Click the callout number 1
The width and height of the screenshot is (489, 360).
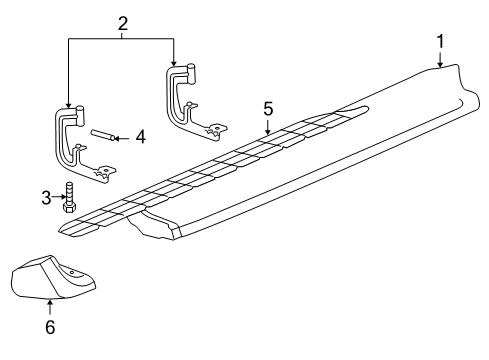click(439, 41)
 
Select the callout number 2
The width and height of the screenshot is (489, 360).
click(122, 22)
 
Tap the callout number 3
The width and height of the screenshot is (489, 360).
click(46, 198)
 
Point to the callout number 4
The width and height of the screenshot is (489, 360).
click(140, 136)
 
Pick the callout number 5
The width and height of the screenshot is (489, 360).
click(268, 107)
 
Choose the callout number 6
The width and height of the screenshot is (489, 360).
click(50, 326)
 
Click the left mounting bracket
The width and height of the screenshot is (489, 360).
click(70, 145)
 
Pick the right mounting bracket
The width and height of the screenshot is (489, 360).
click(190, 100)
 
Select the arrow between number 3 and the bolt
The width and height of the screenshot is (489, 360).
click(59, 198)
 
